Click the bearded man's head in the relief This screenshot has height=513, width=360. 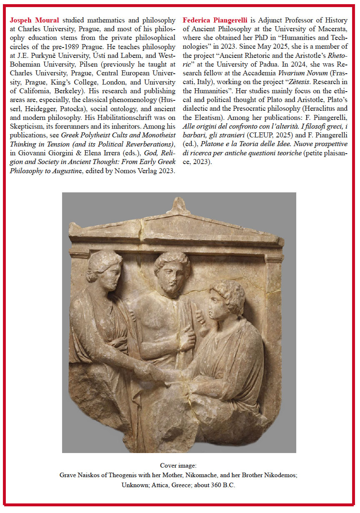click(x=172, y=271)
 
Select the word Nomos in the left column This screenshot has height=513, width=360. click(x=108, y=159)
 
